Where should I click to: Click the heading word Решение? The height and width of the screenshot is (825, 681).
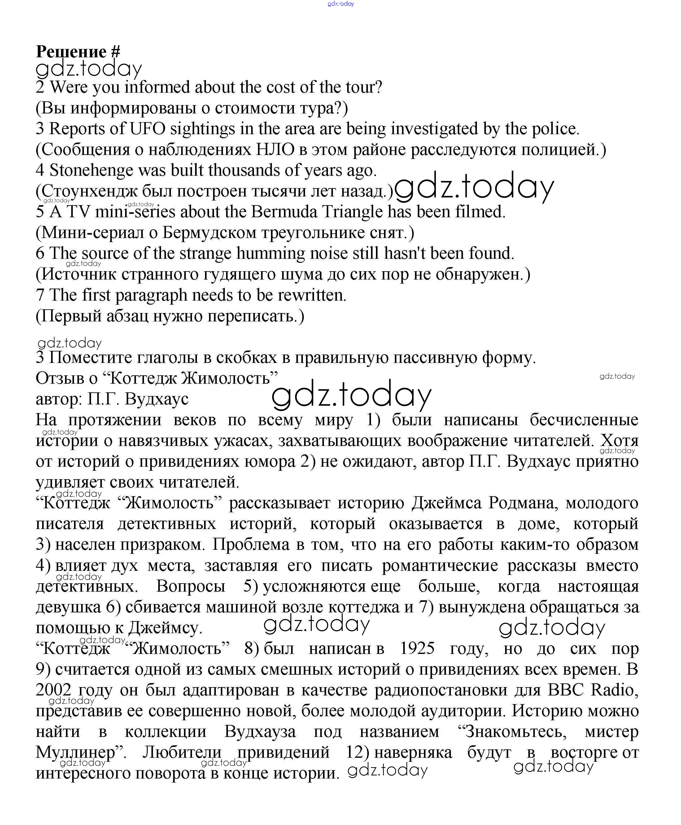[71, 51]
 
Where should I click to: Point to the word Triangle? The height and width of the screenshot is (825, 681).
[346, 212]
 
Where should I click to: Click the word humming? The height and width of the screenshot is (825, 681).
[270, 254]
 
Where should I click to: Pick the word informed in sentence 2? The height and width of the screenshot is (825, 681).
[157, 87]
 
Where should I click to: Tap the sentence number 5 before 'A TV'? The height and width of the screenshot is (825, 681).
[40, 212]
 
